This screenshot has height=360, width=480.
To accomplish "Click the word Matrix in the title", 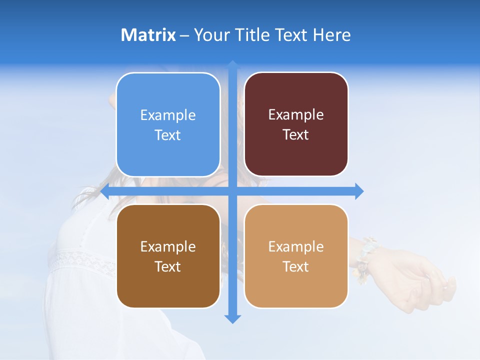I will (148, 35).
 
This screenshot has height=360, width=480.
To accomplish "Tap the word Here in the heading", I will (332, 35).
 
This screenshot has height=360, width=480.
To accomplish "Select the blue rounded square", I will (168, 124).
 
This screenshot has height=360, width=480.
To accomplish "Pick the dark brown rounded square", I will (168, 256).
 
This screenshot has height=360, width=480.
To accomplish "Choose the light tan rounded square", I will (296, 256).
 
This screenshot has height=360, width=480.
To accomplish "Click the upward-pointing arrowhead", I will (232, 65).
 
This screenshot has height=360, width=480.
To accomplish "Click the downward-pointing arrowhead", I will (232, 318).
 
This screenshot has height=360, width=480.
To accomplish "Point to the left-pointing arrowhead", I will (105, 191).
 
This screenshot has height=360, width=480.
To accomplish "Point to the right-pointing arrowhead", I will (359, 191).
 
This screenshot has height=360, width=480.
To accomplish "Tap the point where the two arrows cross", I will (232, 191).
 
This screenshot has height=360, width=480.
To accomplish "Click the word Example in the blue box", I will (168, 115).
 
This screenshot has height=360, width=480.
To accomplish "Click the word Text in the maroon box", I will (296, 134).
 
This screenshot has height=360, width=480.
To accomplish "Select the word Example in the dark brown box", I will (168, 246).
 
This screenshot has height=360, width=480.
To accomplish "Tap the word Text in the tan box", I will (296, 266).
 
